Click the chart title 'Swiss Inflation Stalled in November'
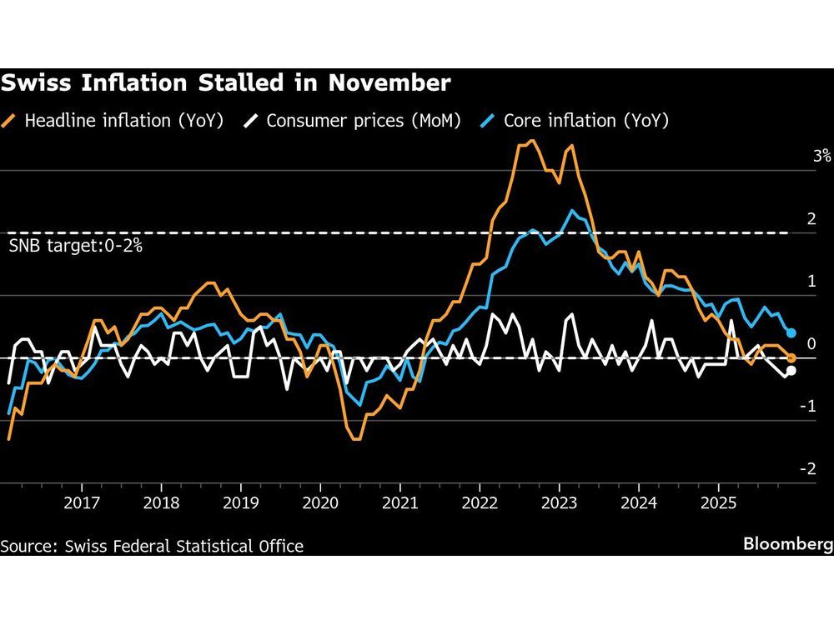point(226,83)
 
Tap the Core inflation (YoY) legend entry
point(575,121)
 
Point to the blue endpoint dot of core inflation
point(791,333)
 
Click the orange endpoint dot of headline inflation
point(791,358)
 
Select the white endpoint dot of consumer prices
point(791,371)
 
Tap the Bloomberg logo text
point(788,544)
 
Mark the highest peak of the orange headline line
point(532,141)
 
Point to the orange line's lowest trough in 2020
point(355,438)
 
